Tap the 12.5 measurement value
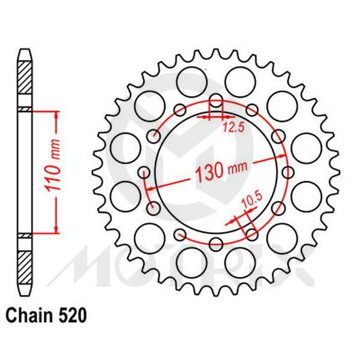tap(233, 127)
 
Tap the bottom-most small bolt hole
tap(216, 244)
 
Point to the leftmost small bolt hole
tap(143, 173)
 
